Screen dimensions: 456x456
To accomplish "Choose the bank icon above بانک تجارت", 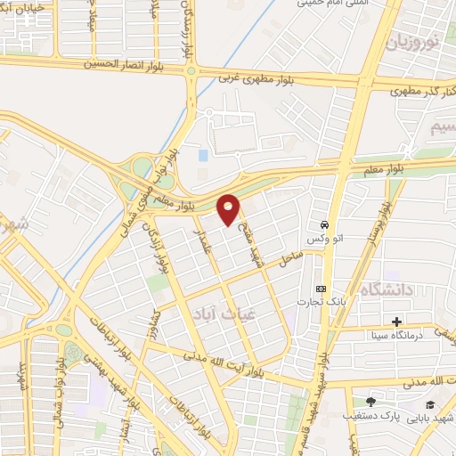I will [x=322, y=289].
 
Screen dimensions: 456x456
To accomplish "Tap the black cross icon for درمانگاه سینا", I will [x=396, y=321].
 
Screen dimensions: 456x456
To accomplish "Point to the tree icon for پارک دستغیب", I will [x=371, y=402].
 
